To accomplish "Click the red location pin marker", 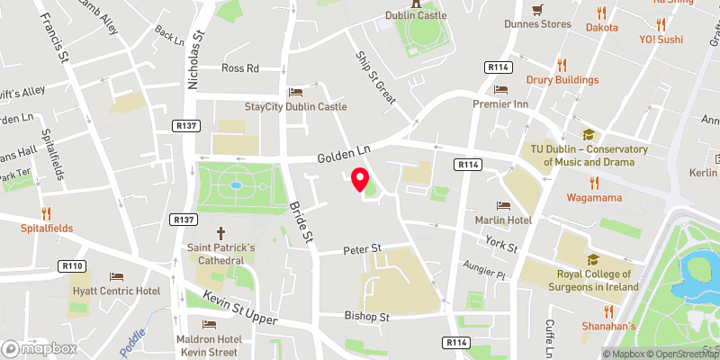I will coord(361,180).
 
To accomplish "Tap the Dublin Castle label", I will coord(417,15).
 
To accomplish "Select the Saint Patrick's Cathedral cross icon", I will coord(221,231).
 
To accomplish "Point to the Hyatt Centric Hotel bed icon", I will coord(115,277).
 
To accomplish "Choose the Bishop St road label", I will coord(366,317).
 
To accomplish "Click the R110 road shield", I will coord(73,265).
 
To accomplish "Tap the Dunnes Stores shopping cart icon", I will coord(537,10).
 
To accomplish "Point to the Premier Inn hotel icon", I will coord(500,90).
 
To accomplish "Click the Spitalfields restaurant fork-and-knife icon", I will coord(46,213).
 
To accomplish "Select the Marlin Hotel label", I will coord(503,220).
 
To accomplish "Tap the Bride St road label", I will coord(300,220).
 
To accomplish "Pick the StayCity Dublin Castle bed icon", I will coord(295,93).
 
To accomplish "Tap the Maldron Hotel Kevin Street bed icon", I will coord(210,324).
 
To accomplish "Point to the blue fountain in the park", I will coord(236,184).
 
